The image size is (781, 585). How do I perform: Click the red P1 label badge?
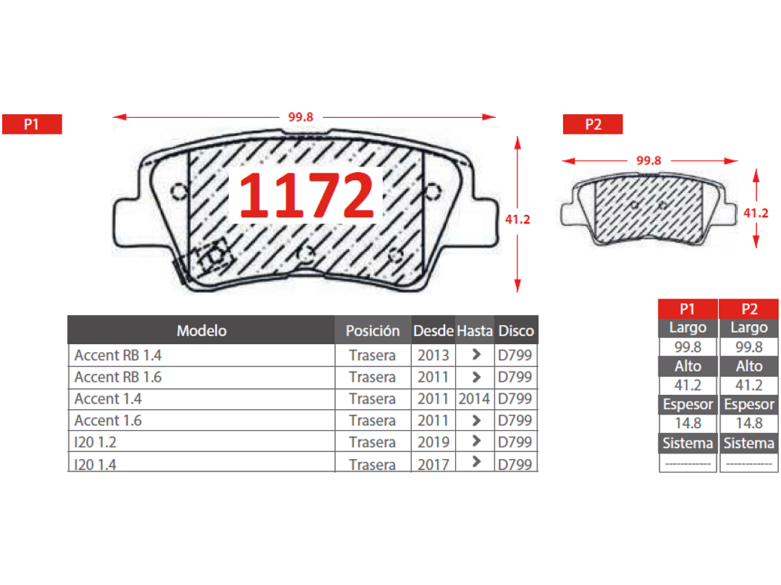(x=32, y=124)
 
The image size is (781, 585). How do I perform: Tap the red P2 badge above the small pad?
(x=593, y=124)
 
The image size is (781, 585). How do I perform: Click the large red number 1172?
(x=306, y=195)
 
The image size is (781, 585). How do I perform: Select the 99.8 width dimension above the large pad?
(x=301, y=117)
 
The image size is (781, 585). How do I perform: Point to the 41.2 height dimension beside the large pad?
(x=518, y=219)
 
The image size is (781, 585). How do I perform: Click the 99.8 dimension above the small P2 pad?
(x=649, y=161)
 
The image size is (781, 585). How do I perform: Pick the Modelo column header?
(x=202, y=330)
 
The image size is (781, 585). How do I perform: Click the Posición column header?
(x=373, y=330)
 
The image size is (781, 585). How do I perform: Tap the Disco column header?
(x=516, y=330)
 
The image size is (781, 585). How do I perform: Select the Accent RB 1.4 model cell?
(x=118, y=355)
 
